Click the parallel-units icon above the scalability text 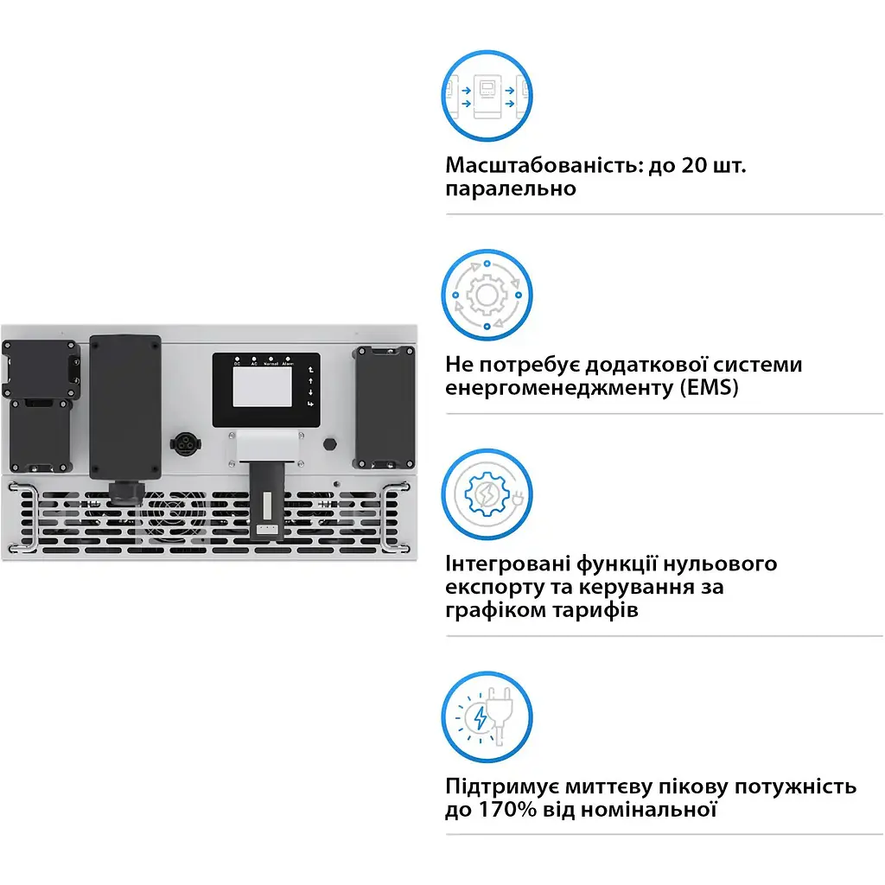click(487, 96)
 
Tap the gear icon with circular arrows click(487, 295)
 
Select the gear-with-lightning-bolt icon click(487, 494)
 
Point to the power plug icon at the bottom click(487, 716)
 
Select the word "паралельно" click(510, 188)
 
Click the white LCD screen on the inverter click(263, 386)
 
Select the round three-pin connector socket click(185, 444)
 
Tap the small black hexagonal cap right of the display click(329, 443)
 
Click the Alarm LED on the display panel click(288, 359)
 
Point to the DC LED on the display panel click(237, 359)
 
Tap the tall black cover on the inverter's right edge click(385, 408)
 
